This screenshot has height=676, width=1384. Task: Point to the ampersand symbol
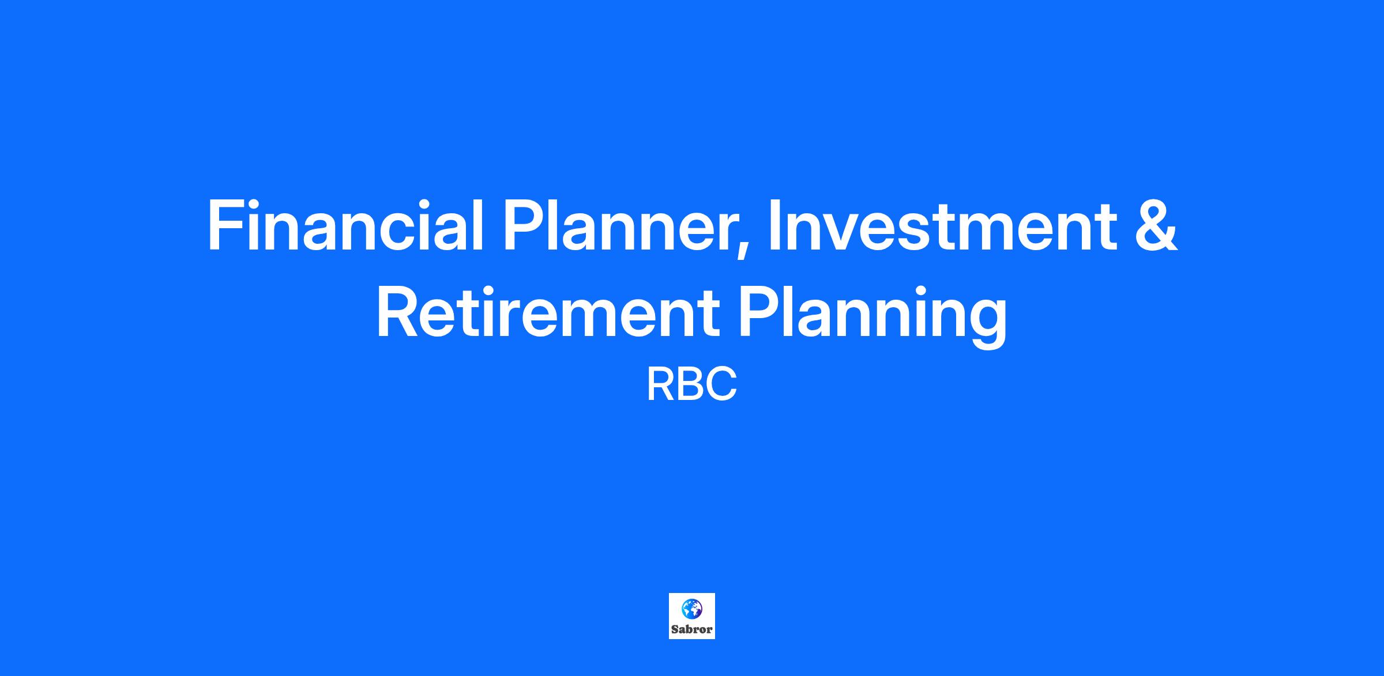point(1156,225)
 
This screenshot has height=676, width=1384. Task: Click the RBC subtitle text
point(691,385)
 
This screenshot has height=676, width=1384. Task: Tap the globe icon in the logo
point(691,608)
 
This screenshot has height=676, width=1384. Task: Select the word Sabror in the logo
point(691,629)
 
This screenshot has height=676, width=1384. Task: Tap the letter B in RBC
point(691,385)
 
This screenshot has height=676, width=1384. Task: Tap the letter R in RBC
point(660,385)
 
